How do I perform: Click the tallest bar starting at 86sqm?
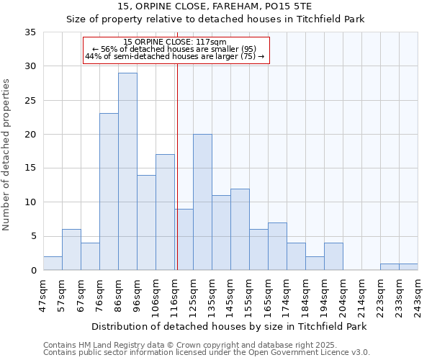coord(127,171)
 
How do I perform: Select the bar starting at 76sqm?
coord(109,192)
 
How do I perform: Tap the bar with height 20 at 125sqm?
coord(202,202)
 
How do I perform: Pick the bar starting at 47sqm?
coord(53,264)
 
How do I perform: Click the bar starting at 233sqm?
coord(408,267)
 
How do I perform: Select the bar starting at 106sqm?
coord(165,212)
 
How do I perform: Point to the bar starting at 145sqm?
coord(240,229)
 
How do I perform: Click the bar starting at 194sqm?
coord(333,257)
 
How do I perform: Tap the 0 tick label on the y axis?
coord(33,271)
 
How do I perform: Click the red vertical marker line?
coord(177,180)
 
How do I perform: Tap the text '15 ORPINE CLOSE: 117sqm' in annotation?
coord(175,42)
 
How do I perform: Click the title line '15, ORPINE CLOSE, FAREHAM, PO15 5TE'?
coord(216,6)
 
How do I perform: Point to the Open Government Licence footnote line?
coord(207,353)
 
